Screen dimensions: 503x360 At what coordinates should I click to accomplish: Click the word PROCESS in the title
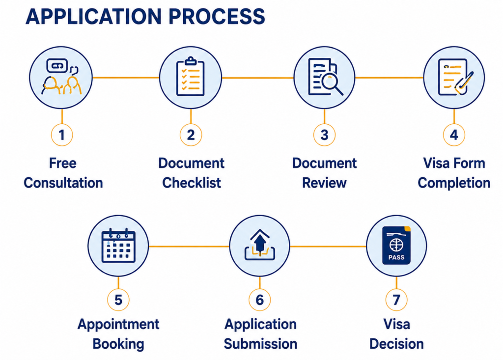pos(217,16)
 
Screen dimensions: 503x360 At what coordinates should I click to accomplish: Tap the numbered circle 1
pos(62,135)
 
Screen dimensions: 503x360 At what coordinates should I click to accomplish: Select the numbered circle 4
pos(454,135)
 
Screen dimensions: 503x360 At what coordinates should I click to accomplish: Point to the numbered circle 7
pos(396,300)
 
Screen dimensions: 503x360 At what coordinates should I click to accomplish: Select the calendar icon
pos(118,246)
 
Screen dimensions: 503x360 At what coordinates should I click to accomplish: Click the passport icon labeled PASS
pos(396,246)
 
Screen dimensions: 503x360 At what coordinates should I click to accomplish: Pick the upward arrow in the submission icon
pos(260,240)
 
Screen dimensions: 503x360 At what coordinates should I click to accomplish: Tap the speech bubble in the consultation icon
pos(57,66)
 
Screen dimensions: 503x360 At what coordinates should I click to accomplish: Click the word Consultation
pos(63,183)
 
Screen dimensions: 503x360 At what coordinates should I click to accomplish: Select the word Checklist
pos(192,183)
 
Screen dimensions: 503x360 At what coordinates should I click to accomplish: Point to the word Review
pos(324,183)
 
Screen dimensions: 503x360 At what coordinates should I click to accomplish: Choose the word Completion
pos(454,183)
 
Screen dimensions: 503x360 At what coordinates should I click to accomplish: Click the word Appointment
pos(118,324)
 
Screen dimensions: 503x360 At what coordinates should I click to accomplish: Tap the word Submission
pos(260,344)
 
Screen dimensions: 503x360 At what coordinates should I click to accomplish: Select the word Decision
pos(396,344)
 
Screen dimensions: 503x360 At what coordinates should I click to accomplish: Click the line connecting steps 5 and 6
pos(189,247)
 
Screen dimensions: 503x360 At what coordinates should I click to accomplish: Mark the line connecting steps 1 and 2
pos(126,77)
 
